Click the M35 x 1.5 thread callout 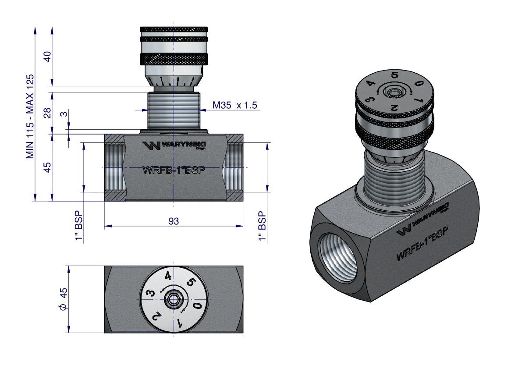pyautogui.click(x=234, y=106)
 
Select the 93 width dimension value pyautogui.click(x=174, y=221)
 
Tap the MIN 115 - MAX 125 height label pyautogui.click(x=30, y=117)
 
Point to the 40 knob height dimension pyautogui.click(x=48, y=56)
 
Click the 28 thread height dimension pyautogui.click(x=48, y=113)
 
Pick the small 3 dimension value pyautogui.click(x=64, y=114)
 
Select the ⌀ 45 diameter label pyautogui.click(x=63, y=299)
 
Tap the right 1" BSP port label pyautogui.click(x=263, y=226)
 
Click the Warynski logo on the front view pyautogui.click(x=174, y=145)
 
